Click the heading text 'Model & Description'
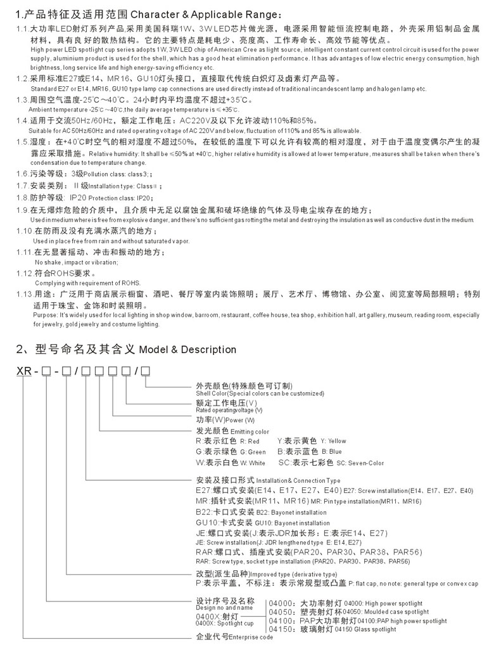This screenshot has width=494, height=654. pyautogui.click(x=187, y=350)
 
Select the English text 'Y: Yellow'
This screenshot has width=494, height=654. pyautogui.click(x=333, y=441)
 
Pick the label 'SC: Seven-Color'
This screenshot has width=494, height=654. pyautogui.click(x=360, y=463)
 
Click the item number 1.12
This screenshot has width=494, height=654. pyautogui.click(x=23, y=273)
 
